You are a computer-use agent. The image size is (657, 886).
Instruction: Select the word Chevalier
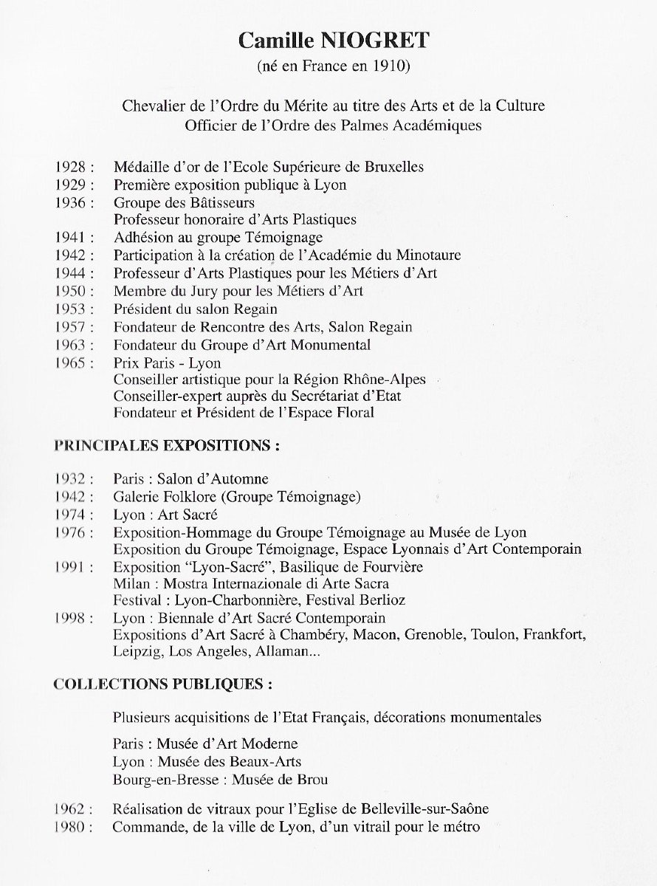[153, 106]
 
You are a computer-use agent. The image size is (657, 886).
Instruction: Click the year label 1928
[72, 167]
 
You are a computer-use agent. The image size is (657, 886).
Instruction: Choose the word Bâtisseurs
[220, 202]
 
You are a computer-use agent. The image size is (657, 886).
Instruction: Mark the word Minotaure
[428, 255]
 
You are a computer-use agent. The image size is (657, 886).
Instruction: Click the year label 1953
[72, 309]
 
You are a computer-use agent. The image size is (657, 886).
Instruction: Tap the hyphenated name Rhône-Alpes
[388, 380]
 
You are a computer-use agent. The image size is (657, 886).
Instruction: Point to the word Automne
[240, 479]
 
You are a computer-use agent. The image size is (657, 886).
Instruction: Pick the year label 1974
[72, 515]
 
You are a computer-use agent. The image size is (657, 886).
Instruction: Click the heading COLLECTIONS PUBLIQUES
[162, 684]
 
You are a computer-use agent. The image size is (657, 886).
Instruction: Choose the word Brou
[313, 780]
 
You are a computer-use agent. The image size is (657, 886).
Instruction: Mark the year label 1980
[72, 827]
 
